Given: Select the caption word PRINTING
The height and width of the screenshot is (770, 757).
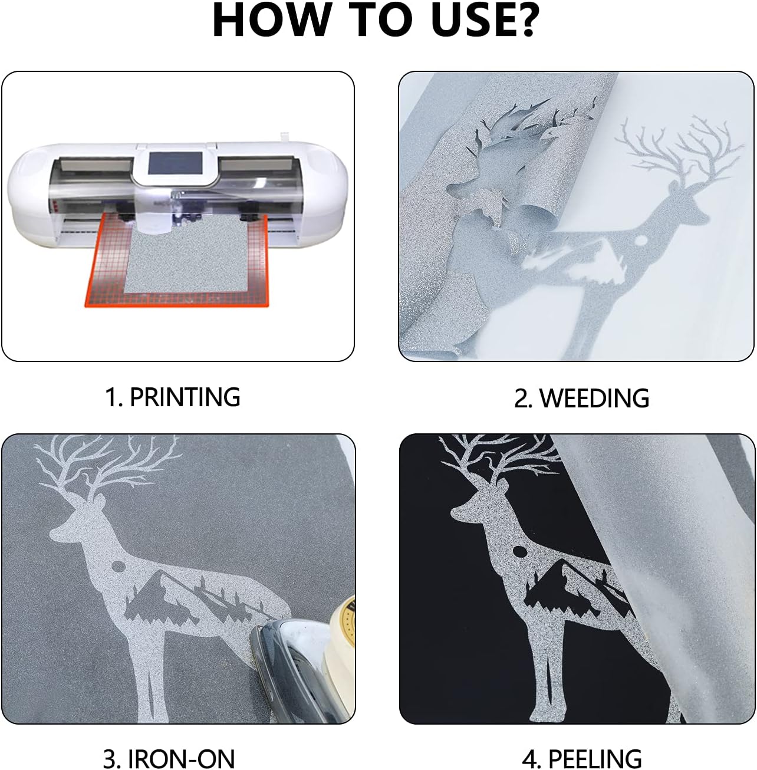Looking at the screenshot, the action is pyautogui.click(x=185, y=397).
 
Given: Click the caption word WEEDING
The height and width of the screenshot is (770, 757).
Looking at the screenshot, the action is pyautogui.click(x=594, y=398).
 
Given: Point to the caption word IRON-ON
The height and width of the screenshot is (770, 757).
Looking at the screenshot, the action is pyautogui.click(x=180, y=758).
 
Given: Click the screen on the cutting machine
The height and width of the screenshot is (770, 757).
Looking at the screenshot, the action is pyautogui.click(x=176, y=164).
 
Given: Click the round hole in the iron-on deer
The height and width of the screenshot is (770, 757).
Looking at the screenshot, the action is pyautogui.click(x=119, y=566).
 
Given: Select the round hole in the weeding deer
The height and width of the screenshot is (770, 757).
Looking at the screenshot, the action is pyautogui.click(x=641, y=240).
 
